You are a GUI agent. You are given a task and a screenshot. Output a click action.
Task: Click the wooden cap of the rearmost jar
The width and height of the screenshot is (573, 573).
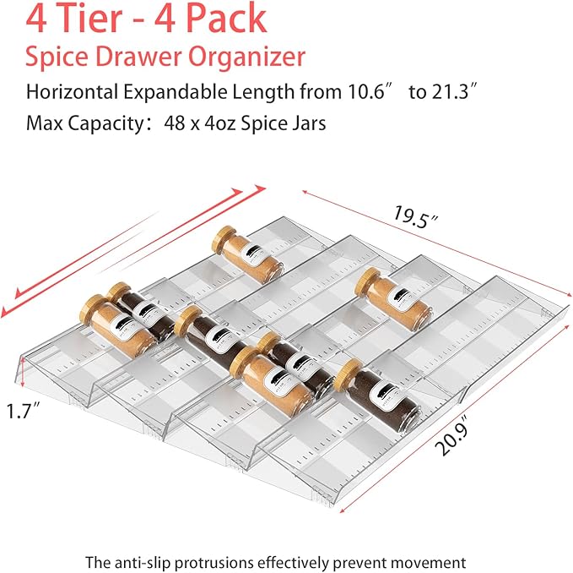(224, 237)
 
